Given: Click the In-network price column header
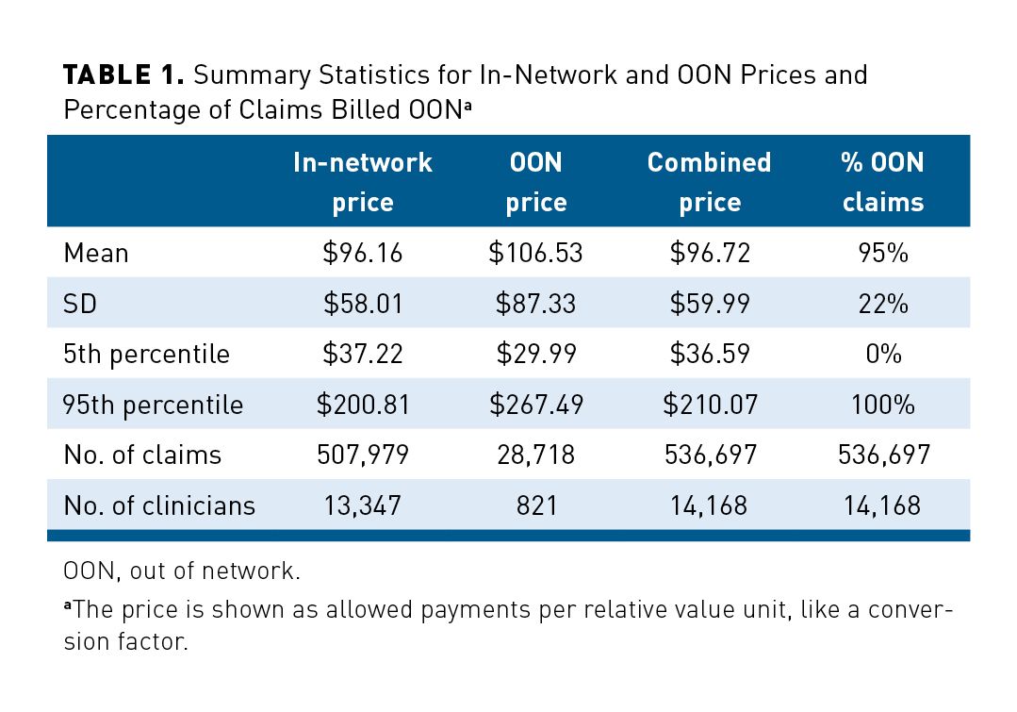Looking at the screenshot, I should [363, 182].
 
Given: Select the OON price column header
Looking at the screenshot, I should [535, 182].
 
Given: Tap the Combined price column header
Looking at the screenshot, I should [709, 182].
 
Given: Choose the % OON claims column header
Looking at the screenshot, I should [883, 182].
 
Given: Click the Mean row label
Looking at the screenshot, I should [96, 253].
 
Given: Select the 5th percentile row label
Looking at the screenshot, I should [146, 355].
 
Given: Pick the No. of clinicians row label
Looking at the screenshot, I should [159, 505].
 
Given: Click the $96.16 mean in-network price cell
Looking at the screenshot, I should [363, 253].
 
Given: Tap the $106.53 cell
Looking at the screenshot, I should [535, 253].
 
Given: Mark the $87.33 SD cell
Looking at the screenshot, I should [535, 304].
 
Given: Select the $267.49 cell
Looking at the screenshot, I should [535, 405].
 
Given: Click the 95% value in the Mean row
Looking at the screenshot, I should [883, 253].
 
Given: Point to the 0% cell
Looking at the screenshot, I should [883, 355].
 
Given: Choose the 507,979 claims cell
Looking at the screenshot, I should [363, 455].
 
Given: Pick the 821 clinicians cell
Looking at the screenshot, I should [535, 505].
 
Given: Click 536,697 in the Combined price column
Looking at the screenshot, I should [709, 455].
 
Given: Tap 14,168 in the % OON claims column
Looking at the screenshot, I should [883, 505].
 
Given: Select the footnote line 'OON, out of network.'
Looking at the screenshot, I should [167, 571].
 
